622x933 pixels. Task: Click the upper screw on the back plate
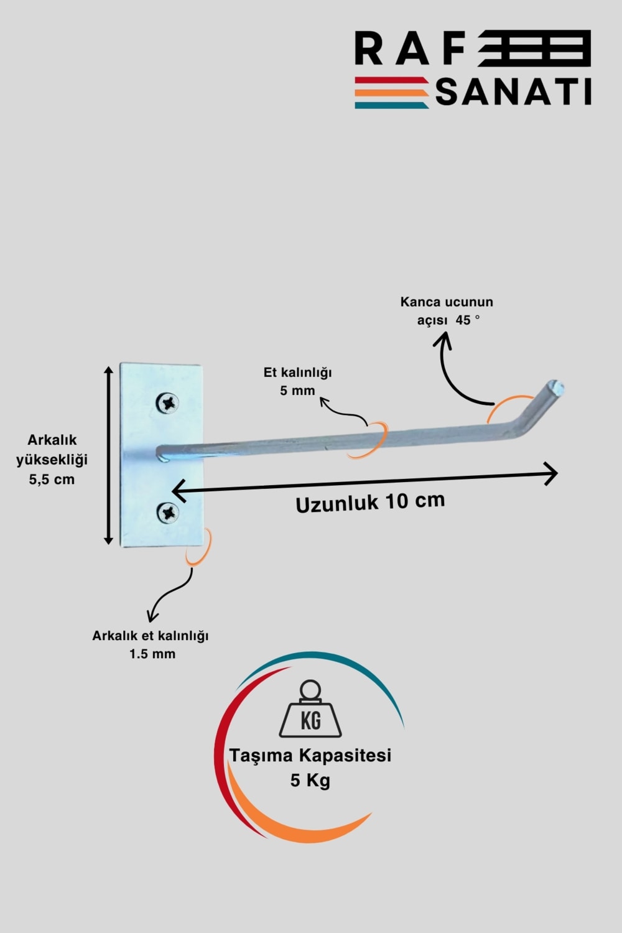pyautogui.click(x=167, y=403)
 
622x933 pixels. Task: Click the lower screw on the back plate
pyautogui.click(x=167, y=513)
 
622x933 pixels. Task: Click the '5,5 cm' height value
pyautogui.click(x=52, y=480)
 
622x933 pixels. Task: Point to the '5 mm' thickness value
pyautogui.click(x=297, y=391)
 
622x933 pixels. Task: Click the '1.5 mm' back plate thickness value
pyautogui.click(x=152, y=654)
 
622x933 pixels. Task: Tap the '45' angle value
pyautogui.click(x=463, y=320)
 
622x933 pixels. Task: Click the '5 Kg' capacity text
pyautogui.click(x=310, y=780)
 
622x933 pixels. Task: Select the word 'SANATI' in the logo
pyautogui.click(x=513, y=93)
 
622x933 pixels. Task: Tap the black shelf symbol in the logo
pyautogui.click(x=535, y=49)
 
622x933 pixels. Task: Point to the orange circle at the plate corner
pyautogui.click(x=200, y=547)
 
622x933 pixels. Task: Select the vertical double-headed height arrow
pyautogui.click(x=109, y=455)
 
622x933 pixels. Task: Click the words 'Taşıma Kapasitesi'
pyautogui.click(x=310, y=755)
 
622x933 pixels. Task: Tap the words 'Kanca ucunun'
pyautogui.click(x=447, y=302)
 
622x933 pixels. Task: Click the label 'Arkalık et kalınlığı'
pyautogui.click(x=151, y=636)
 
